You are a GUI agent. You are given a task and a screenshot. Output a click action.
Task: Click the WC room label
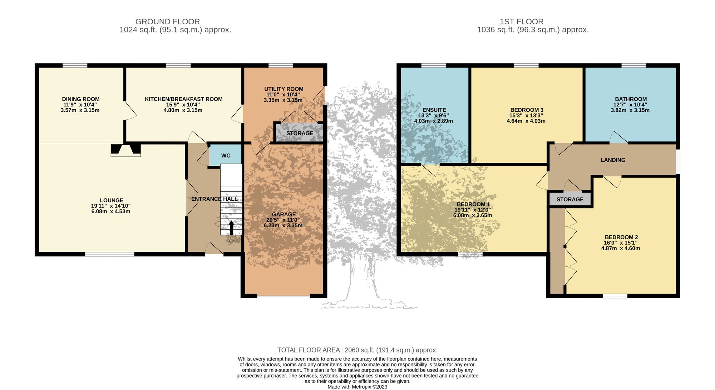(x=226, y=156)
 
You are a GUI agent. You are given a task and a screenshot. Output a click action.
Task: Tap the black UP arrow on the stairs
(x=231, y=228)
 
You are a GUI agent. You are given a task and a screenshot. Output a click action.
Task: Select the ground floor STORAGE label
(x=300, y=133)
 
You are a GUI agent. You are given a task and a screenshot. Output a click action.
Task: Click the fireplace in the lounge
(x=125, y=150)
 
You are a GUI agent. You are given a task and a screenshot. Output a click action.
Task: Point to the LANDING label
(x=613, y=160)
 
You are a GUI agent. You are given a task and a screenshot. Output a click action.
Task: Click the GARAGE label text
(x=283, y=215)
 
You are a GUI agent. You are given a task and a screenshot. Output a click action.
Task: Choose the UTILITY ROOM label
(x=284, y=89)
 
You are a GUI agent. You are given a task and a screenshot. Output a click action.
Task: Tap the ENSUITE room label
(x=434, y=110)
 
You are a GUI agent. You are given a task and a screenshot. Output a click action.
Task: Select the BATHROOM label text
(x=631, y=99)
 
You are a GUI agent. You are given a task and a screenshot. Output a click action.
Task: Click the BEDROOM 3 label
(x=527, y=110)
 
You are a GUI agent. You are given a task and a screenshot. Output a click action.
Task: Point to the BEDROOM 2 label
(x=621, y=237)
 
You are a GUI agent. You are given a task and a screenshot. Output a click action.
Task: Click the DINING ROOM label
(x=81, y=99)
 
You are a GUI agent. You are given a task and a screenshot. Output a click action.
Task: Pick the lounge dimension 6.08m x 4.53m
(x=111, y=211)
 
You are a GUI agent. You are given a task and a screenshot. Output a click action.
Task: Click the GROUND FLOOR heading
(x=167, y=22)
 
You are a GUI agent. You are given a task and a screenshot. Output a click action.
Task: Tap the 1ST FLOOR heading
(x=521, y=22)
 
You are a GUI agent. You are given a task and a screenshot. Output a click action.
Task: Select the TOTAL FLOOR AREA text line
(x=357, y=350)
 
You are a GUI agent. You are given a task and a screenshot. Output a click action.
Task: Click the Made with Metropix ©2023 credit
(x=357, y=387)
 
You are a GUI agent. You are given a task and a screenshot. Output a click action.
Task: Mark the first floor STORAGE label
(x=570, y=199)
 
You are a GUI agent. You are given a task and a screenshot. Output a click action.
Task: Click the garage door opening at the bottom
(x=283, y=296)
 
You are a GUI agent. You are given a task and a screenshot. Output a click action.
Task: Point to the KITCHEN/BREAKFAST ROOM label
(x=183, y=99)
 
